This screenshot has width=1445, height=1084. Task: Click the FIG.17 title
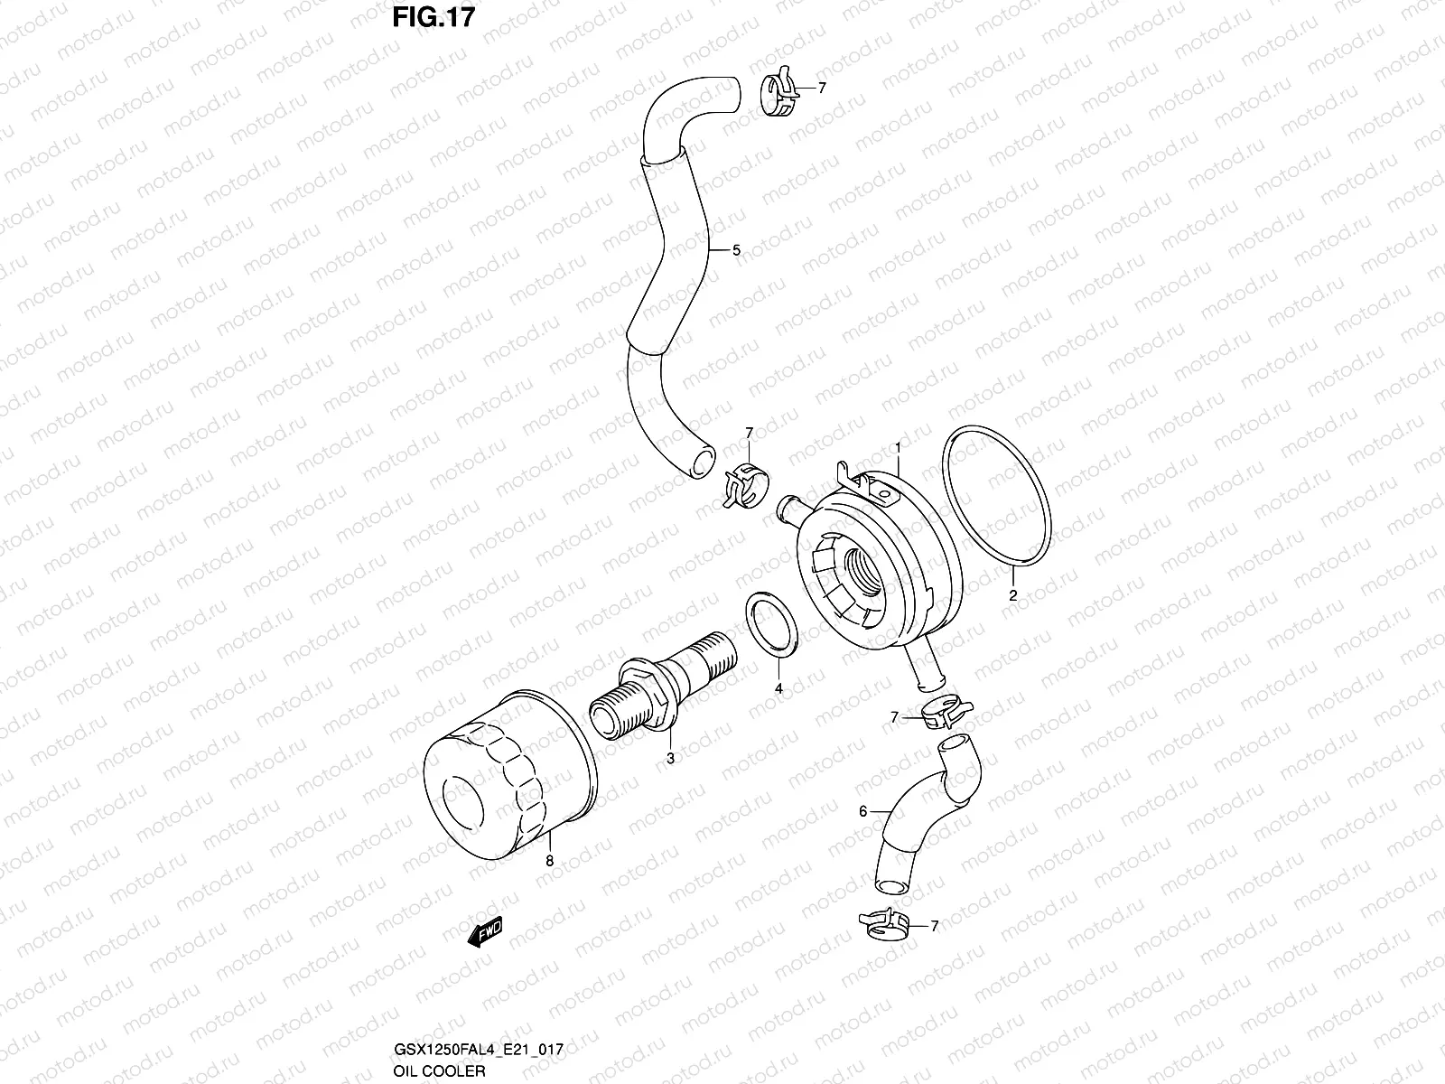432,17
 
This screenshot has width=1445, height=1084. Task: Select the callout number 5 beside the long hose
736,250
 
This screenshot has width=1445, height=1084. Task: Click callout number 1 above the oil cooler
899,447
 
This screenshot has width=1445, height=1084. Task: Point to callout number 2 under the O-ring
1013,595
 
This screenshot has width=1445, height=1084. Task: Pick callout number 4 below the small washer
778,688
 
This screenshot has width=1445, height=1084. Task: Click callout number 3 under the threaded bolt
670,759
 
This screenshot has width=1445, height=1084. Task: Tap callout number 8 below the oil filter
549,862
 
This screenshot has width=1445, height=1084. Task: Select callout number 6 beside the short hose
862,811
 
